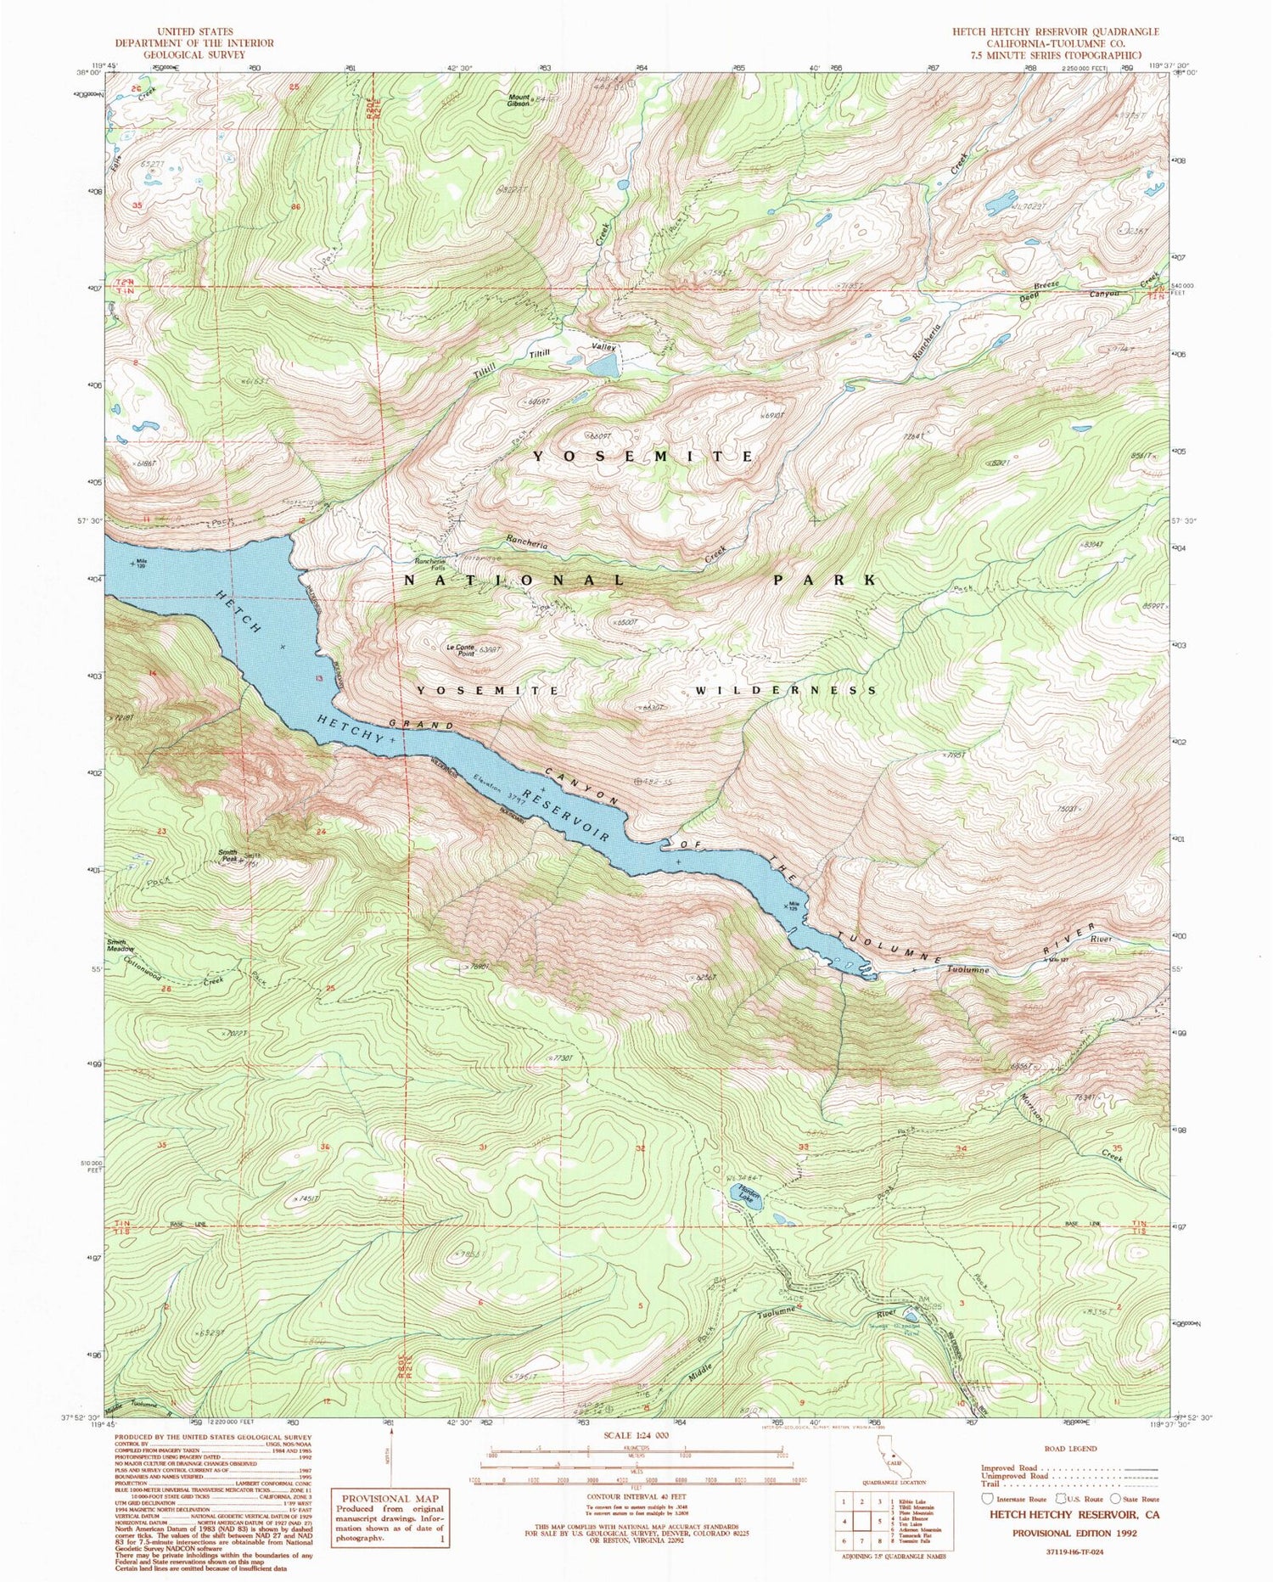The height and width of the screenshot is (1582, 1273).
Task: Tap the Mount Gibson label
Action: (519, 99)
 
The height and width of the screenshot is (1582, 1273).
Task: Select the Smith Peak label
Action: (227, 856)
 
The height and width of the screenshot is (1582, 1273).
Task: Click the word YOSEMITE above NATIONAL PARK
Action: (642, 457)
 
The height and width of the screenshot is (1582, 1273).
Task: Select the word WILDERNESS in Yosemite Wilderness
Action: (786, 691)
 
